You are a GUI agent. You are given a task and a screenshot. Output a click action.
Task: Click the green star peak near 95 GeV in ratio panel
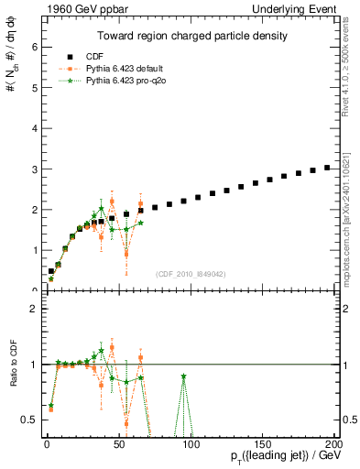(184, 376)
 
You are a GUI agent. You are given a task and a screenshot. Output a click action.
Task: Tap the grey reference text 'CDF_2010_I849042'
(191, 273)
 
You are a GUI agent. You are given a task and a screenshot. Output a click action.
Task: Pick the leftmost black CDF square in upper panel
(51, 270)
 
